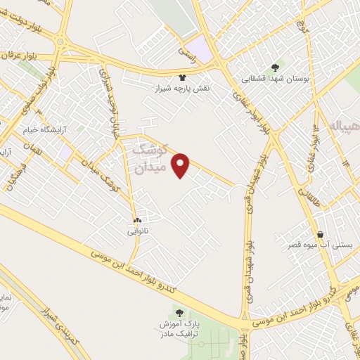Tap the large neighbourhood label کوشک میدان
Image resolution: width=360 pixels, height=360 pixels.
point(157,158)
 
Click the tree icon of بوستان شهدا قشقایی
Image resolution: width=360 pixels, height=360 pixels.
point(274,67)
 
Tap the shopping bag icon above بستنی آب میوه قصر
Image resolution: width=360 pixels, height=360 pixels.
point(321,234)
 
